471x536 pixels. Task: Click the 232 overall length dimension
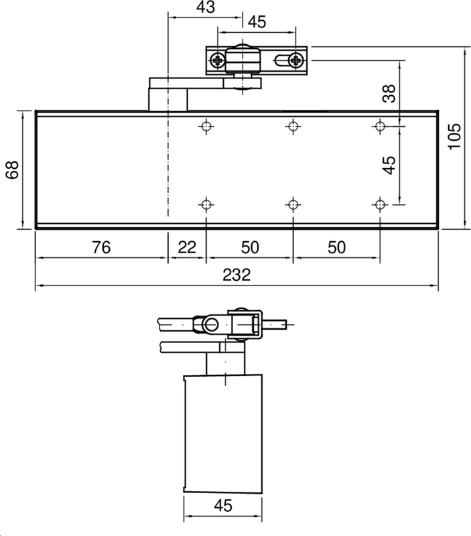(x=236, y=275)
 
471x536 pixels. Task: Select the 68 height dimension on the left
(x=11, y=170)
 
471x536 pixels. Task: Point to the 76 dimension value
(x=101, y=247)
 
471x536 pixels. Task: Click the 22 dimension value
(x=187, y=247)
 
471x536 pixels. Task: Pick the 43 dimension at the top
(x=206, y=7)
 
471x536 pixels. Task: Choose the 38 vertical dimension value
(x=389, y=94)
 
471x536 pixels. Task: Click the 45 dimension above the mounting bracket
(x=257, y=22)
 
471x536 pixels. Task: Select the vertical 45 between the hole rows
(x=389, y=165)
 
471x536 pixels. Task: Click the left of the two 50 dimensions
(x=249, y=247)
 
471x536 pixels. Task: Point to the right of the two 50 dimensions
(x=336, y=247)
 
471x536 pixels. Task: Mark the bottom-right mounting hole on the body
(x=380, y=204)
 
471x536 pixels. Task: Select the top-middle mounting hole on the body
(x=293, y=126)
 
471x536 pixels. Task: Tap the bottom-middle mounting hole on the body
(x=293, y=204)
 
